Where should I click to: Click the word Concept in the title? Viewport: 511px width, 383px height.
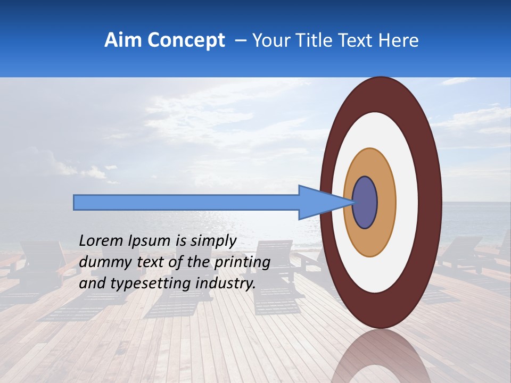[186, 40]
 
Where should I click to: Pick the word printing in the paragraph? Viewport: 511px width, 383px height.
[241, 262]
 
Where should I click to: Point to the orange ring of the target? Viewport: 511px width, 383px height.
[386, 202]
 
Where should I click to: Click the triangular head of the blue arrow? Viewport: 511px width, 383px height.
[319, 202]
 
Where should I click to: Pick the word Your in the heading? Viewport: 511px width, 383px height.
[269, 40]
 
